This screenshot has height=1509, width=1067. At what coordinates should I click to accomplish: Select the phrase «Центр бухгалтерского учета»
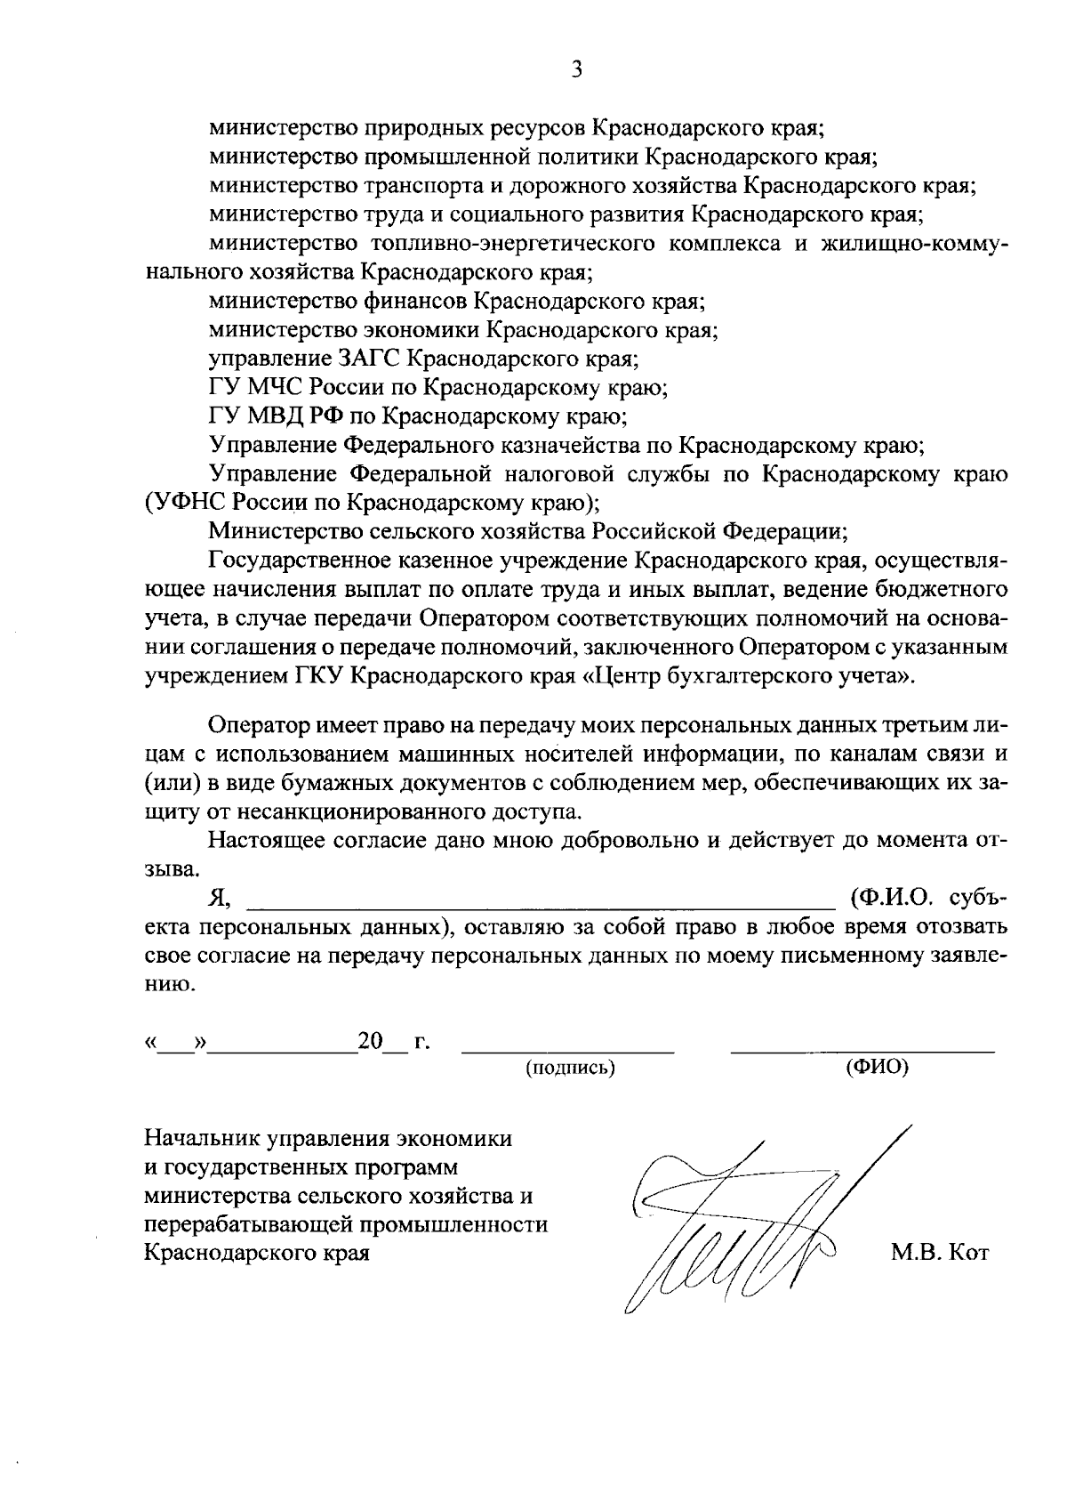(748, 675)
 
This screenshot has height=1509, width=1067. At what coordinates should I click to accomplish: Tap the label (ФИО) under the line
(877, 1067)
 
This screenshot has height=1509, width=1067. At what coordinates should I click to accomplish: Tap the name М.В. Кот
(939, 1254)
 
